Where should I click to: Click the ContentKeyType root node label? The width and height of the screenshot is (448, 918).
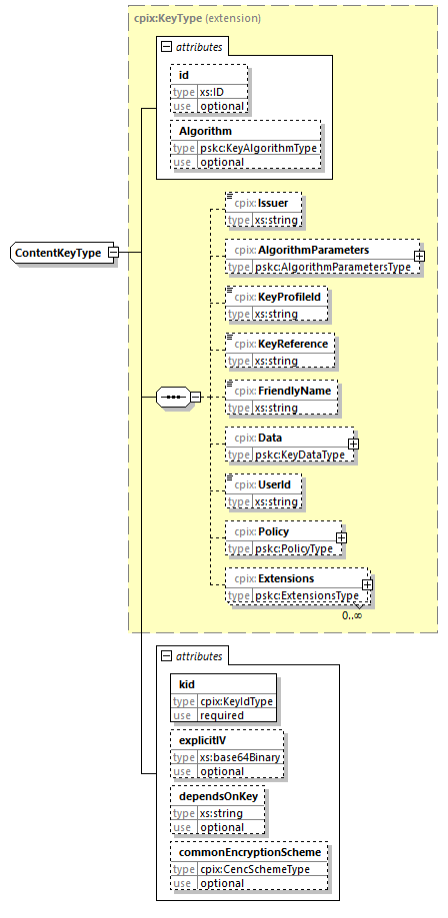pyautogui.click(x=57, y=253)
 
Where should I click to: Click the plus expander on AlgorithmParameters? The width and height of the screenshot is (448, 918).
pyautogui.click(x=419, y=256)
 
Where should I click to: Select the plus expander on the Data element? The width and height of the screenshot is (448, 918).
pyautogui.click(x=354, y=444)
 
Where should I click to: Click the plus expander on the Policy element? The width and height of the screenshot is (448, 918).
pyautogui.click(x=341, y=537)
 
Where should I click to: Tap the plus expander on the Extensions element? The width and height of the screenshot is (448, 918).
pyautogui.click(x=367, y=584)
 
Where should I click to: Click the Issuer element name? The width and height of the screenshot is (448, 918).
pyautogui.click(x=277, y=203)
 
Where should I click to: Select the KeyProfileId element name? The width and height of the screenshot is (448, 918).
pyautogui.click(x=289, y=297)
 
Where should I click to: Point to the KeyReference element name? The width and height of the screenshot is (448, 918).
pyautogui.click(x=293, y=344)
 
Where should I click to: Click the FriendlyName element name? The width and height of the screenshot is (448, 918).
pyautogui.click(x=294, y=391)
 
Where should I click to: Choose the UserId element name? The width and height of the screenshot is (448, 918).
pyautogui.click(x=274, y=484)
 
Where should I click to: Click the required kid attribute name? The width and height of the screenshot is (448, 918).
pyautogui.click(x=187, y=684)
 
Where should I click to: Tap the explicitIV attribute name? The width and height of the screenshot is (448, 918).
pyautogui.click(x=202, y=740)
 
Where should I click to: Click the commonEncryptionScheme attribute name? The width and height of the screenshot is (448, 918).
pyautogui.click(x=250, y=852)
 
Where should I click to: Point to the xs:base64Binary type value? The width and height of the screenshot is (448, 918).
pyautogui.click(x=240, y=757)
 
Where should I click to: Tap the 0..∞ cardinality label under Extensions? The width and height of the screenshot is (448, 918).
pyautogui.click(x=352, y=615)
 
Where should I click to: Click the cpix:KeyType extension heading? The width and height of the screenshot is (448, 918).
pyautogui.click(x=198, y=18)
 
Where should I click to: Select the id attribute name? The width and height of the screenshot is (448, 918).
pyautogui.click(x=184, y=76)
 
